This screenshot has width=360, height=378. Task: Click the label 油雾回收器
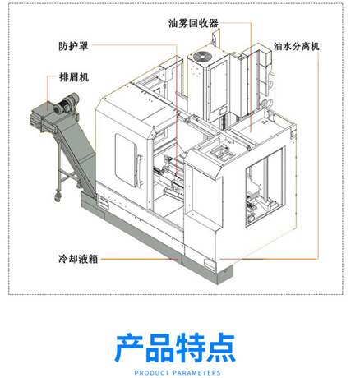click(x=193, y=23)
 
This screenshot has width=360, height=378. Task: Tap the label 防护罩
click(x=73, y=46)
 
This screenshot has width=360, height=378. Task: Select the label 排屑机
click(x=74, y=77)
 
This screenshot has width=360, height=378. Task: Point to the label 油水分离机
click(x=297, y=46)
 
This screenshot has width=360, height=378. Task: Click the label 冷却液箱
click(x=78, y=259)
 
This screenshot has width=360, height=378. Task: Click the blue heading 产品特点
click(x=175, y=348)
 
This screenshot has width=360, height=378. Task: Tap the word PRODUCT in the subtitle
click(x=152, y=373)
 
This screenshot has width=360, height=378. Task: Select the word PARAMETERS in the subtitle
click(x=197, y=373)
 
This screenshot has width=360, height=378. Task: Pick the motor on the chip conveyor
click(x=66, y=104)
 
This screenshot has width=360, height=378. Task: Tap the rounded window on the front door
click(x=126, y=160)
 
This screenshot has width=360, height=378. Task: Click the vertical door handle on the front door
click(x=140, y=171)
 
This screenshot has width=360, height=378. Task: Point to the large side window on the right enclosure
click(x=265, y=187)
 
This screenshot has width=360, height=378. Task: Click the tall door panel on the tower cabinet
click(x=219, y=88)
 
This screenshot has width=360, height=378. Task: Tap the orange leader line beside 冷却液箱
click(x=140, y=259)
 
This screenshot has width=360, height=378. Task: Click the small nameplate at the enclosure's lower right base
click(x=210, y=262)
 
